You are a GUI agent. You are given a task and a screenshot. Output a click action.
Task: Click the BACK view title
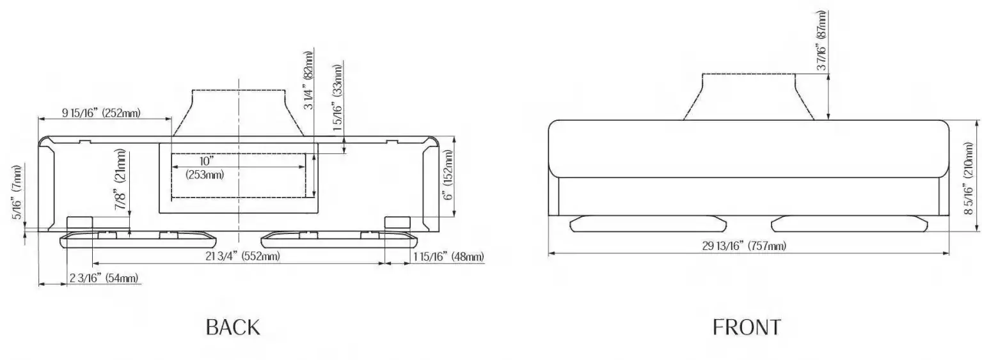[x=233, y=327]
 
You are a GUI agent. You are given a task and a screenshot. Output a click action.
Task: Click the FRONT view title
[x=747, y=327]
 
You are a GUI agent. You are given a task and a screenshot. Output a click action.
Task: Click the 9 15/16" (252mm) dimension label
[x=101, y=113]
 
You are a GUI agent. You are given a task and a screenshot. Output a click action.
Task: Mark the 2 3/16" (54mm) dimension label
[x=103, y=278]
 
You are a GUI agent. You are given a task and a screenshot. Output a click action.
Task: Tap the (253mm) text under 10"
[x=205, y=175]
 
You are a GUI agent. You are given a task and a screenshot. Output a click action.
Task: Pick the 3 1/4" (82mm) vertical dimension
[x=308, y=80]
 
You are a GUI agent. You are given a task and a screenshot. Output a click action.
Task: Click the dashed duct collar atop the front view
[x=749, y=96]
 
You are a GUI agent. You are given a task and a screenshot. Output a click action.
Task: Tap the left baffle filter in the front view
[x=647, y=223]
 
